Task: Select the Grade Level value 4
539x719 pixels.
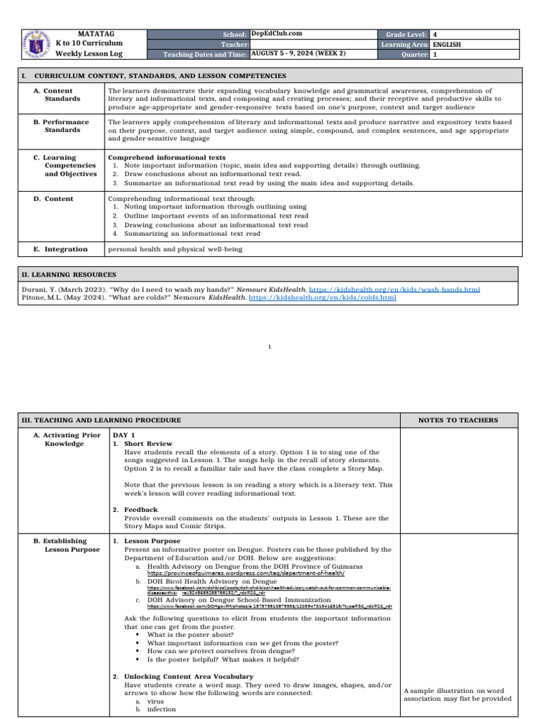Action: click(435, 34)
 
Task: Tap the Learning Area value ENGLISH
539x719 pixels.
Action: click(447, 44)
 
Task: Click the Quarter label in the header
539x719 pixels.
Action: click(412, 54)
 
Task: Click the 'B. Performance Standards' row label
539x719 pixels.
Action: click(67, 126)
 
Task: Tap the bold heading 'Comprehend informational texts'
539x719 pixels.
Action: click(166, 157)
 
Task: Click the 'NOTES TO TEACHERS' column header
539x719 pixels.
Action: click(458, 421)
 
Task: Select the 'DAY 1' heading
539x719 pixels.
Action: click(124, 435)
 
